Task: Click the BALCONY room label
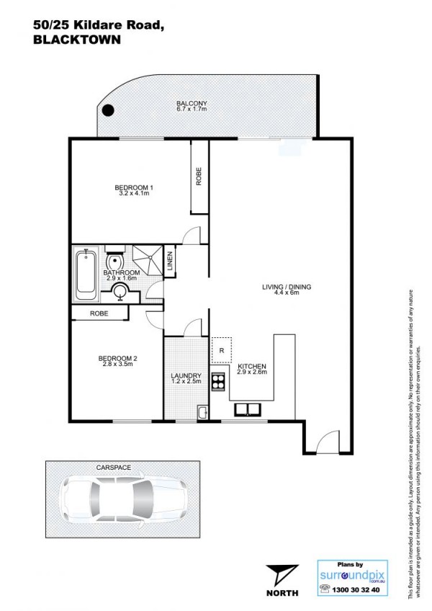[x=192, y=103]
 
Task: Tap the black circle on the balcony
[x=108, y=110]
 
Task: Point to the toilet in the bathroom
[x=114, y=258]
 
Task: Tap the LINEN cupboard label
[x=169, y=261]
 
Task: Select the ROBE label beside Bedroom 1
[x=199, y=176]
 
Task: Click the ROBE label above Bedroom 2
[x=99, y=313]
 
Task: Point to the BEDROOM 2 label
[x=117, y=359]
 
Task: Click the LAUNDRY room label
[x=186, y=376]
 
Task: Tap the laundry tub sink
[x=202, y=412]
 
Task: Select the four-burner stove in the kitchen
[x=218, y=381]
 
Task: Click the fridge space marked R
[x=222, y=350]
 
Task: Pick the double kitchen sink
[x=248, y=409]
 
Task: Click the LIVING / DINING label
[x=287, y=287]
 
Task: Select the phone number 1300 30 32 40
[x=356, y=590]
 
